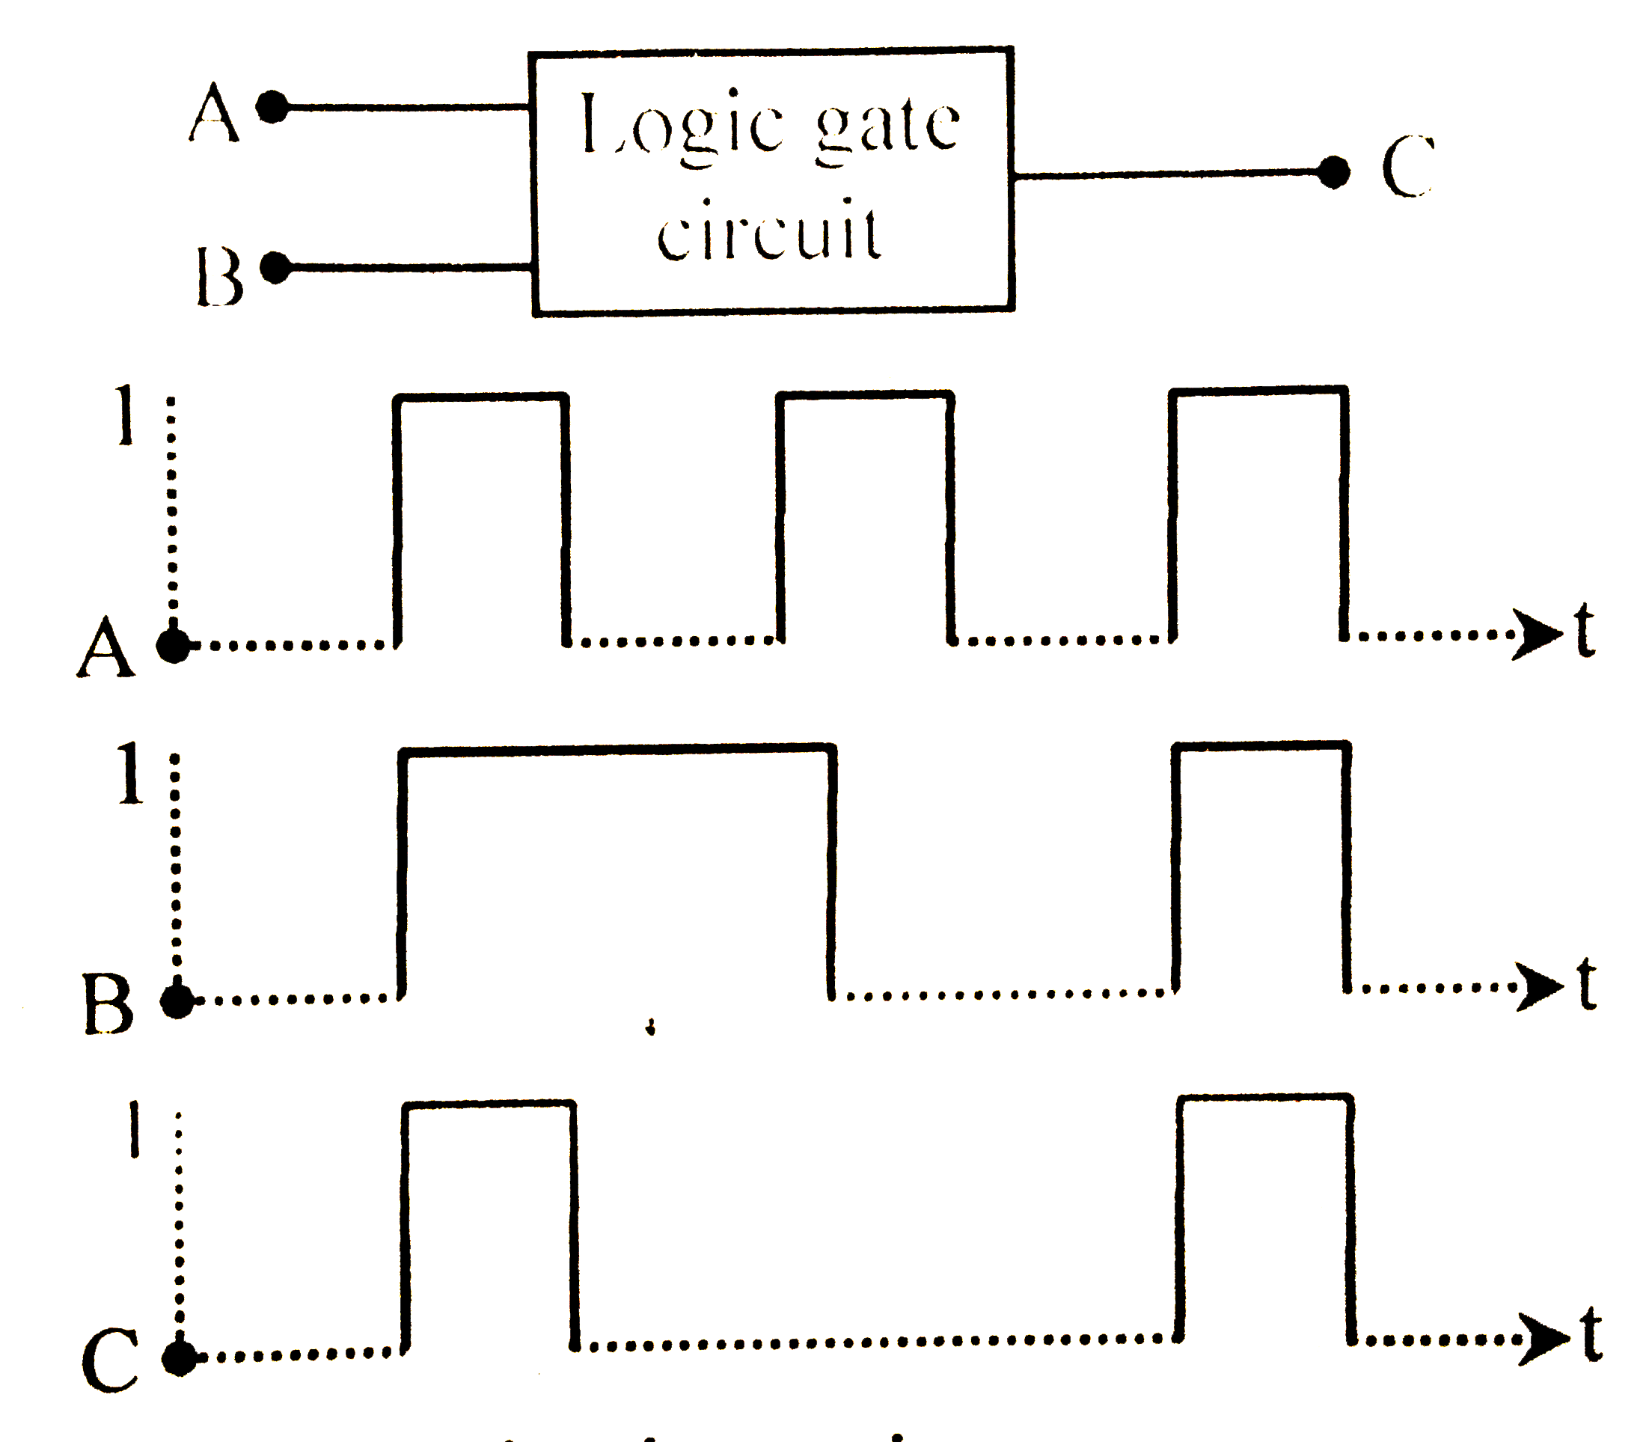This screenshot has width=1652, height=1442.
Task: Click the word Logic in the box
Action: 681,126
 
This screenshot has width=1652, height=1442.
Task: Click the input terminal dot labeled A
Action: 272,106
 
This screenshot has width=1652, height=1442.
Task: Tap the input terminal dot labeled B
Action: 276,267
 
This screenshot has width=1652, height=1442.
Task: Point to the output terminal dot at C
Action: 1333,171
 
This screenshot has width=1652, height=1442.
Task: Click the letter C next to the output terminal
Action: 1407,168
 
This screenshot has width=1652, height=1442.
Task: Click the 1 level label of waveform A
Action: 124,415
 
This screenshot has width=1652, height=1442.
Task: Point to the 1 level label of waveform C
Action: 135,1129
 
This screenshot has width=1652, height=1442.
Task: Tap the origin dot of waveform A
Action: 173,645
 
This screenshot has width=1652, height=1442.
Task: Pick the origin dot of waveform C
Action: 179,1359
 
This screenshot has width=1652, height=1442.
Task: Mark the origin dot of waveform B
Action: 177,1001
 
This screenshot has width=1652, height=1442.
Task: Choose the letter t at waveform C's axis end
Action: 1590,1336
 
